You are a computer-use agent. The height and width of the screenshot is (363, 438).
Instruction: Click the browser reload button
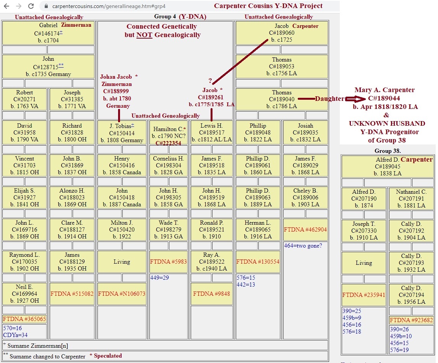31,6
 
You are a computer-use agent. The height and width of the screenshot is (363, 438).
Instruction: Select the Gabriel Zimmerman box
48,33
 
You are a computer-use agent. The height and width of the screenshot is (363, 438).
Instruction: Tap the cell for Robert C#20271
24,99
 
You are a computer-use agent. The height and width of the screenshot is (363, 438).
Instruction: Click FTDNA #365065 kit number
24,319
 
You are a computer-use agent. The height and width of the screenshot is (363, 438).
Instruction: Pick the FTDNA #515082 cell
72,294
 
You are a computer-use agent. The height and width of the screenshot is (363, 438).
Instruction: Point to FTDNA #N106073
122,294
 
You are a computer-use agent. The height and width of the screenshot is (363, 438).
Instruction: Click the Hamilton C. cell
169,133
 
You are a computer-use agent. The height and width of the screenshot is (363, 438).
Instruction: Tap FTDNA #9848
211,294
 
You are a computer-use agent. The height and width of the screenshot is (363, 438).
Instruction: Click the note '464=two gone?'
303,246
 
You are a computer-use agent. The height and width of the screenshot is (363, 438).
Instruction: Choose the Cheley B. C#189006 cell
305,198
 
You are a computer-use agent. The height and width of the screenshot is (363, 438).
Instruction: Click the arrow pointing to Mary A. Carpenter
355,99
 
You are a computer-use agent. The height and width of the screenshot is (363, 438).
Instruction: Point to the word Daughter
329,99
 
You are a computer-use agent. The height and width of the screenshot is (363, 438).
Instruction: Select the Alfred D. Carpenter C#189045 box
387,167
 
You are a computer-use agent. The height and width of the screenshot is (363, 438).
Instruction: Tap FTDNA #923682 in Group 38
411,320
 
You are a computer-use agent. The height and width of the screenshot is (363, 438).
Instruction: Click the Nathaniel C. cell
411,199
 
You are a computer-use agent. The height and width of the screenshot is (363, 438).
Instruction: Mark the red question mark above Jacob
210,81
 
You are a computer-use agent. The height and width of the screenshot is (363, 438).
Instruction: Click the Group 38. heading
388,151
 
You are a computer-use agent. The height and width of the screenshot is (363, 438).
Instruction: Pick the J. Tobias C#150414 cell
122,133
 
